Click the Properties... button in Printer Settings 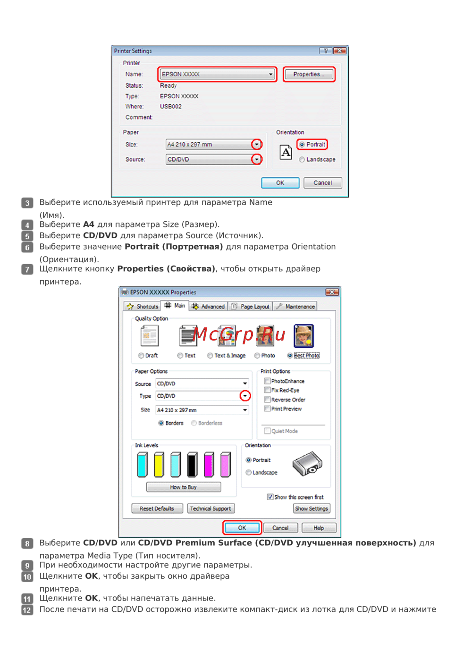[x=309, y=74]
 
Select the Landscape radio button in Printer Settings [x=302, y=159]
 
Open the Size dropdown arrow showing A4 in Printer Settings [x=257, y=145]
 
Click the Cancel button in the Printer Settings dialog [x=322, y=183]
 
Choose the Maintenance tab [x=295, y=307]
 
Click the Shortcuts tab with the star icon [x=142, y=307]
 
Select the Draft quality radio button [x=141, y=356]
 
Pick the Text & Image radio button [x=210, y=356]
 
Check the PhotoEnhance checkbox [x=267, y=381]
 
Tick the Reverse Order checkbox [x=267, y=400]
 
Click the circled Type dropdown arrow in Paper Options [x=245, y=396]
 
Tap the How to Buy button [x=184, y=487]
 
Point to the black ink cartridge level [x=192, y=465]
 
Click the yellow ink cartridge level [x=159, y=465]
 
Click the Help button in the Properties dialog [x=319, y=528]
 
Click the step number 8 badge [x=27, y=543]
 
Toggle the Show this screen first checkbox [x=270, y=497]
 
